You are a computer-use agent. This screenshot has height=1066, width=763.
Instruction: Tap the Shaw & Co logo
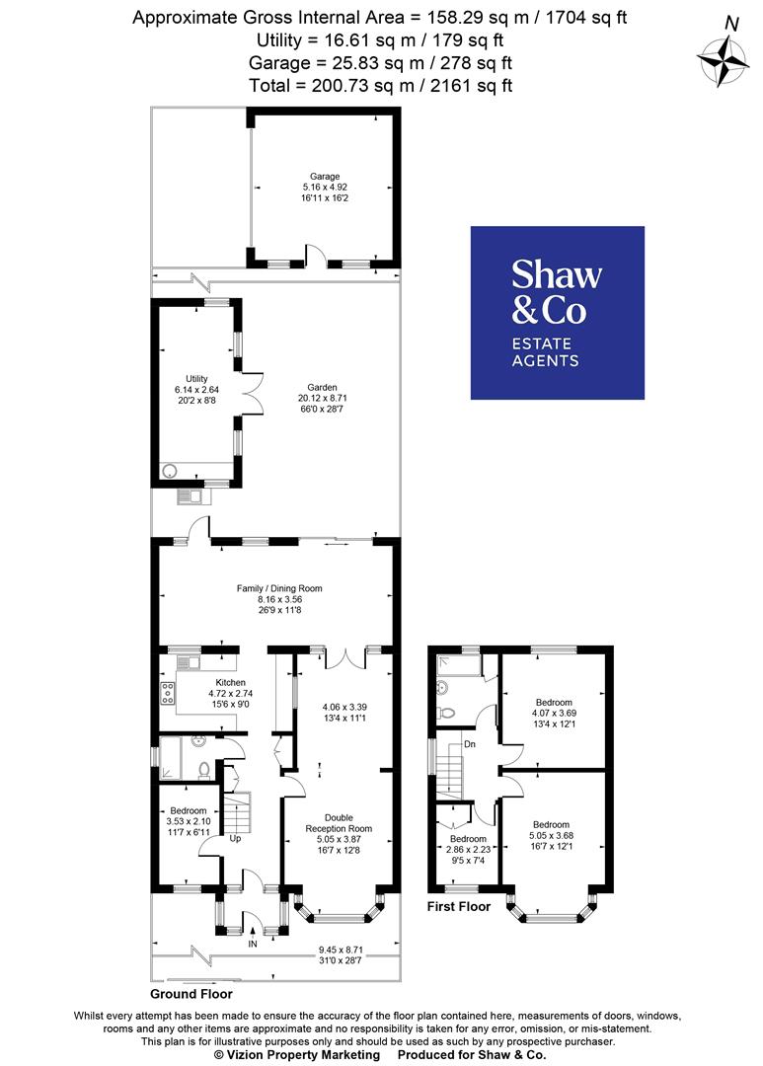point(557,313)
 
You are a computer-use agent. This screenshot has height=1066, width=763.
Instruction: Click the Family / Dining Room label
point(279,599)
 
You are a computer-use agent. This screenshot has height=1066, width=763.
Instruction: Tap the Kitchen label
point(230,693)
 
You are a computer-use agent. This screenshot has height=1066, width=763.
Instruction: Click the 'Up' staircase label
point(235,839)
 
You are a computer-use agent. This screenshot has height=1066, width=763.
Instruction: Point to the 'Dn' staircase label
point(470,743)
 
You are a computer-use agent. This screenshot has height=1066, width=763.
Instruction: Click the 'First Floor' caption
point(459,905)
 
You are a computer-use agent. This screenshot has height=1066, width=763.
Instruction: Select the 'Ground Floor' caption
point(191,994)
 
